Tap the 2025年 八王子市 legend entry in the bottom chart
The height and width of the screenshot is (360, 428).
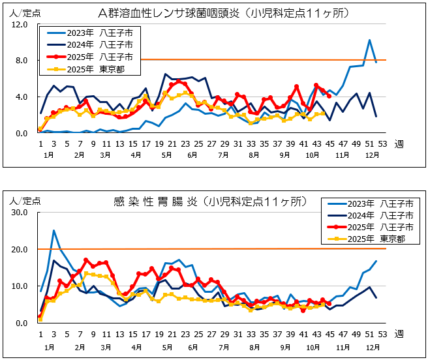[369, 226]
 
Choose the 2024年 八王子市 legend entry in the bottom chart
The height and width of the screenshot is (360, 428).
[369, 215]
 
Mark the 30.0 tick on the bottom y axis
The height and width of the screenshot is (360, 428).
[19, 213]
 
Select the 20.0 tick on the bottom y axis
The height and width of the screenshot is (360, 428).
[19, 250]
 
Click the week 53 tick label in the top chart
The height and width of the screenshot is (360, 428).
[382, 144]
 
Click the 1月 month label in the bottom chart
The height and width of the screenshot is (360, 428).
[50, 348]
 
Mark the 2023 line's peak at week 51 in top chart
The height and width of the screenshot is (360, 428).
[369, 40]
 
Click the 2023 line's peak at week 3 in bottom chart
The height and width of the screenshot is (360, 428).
[53, 230]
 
